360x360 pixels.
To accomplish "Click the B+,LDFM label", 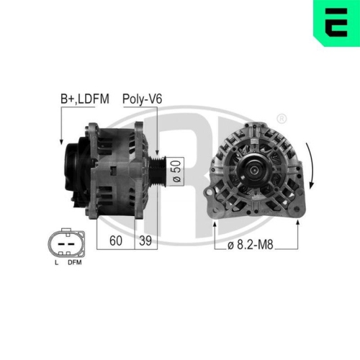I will tap(84, 99).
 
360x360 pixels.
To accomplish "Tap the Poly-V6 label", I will tap(142, 99).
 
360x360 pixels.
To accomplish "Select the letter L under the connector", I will tap(56, 264).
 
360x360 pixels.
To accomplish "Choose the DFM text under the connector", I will tap(74, 264).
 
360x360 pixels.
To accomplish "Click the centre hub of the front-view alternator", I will tap(253, 170).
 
